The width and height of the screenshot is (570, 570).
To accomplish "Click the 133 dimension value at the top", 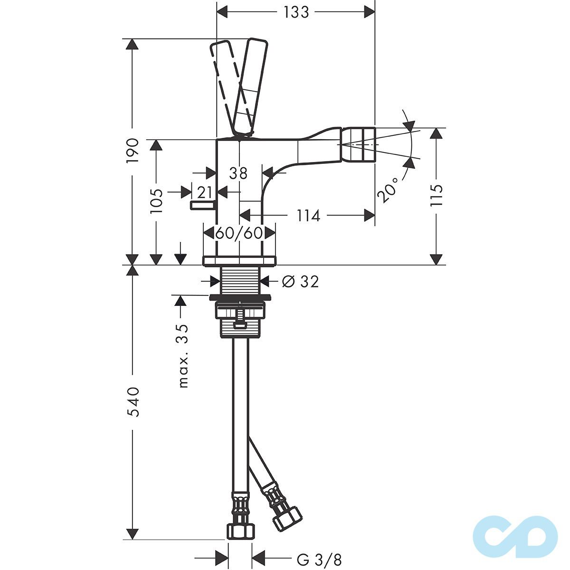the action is [x=296, y=13].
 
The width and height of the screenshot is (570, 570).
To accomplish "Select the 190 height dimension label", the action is [x=132, y=150].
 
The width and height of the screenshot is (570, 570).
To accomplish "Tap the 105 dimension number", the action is [x=156, y=201].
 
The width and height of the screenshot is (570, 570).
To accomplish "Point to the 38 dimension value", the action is [x=238, y=173].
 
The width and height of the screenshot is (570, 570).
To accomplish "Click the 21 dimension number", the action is [x=205, y=192].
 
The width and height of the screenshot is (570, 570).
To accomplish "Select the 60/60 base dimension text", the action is [x=239, y=233].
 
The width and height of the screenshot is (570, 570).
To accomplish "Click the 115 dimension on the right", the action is [x=437, y=195].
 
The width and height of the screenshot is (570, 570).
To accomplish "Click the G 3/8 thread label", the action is [x=319, y=560].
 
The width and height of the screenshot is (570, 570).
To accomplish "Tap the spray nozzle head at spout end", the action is [x=357, y=144].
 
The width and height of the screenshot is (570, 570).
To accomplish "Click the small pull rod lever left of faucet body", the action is [x=204, y=205].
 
